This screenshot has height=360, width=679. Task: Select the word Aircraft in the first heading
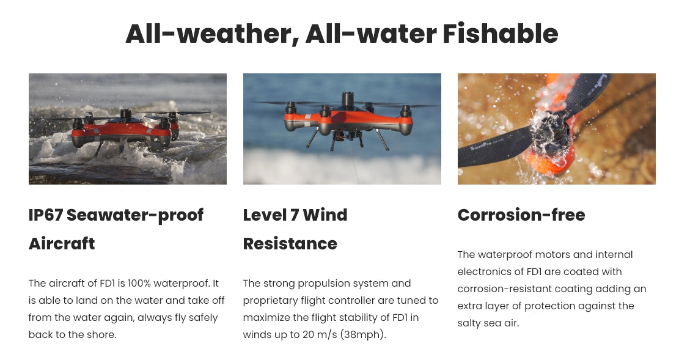point(62,243)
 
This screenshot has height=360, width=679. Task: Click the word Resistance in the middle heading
point(290,243)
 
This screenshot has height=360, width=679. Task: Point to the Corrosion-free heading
point(521,215)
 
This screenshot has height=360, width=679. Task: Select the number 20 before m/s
point(309,335)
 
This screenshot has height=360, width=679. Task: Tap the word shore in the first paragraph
point(103,335)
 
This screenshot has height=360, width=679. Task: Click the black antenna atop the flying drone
point(349,99)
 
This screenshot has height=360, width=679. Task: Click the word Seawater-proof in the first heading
point(134,215)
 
